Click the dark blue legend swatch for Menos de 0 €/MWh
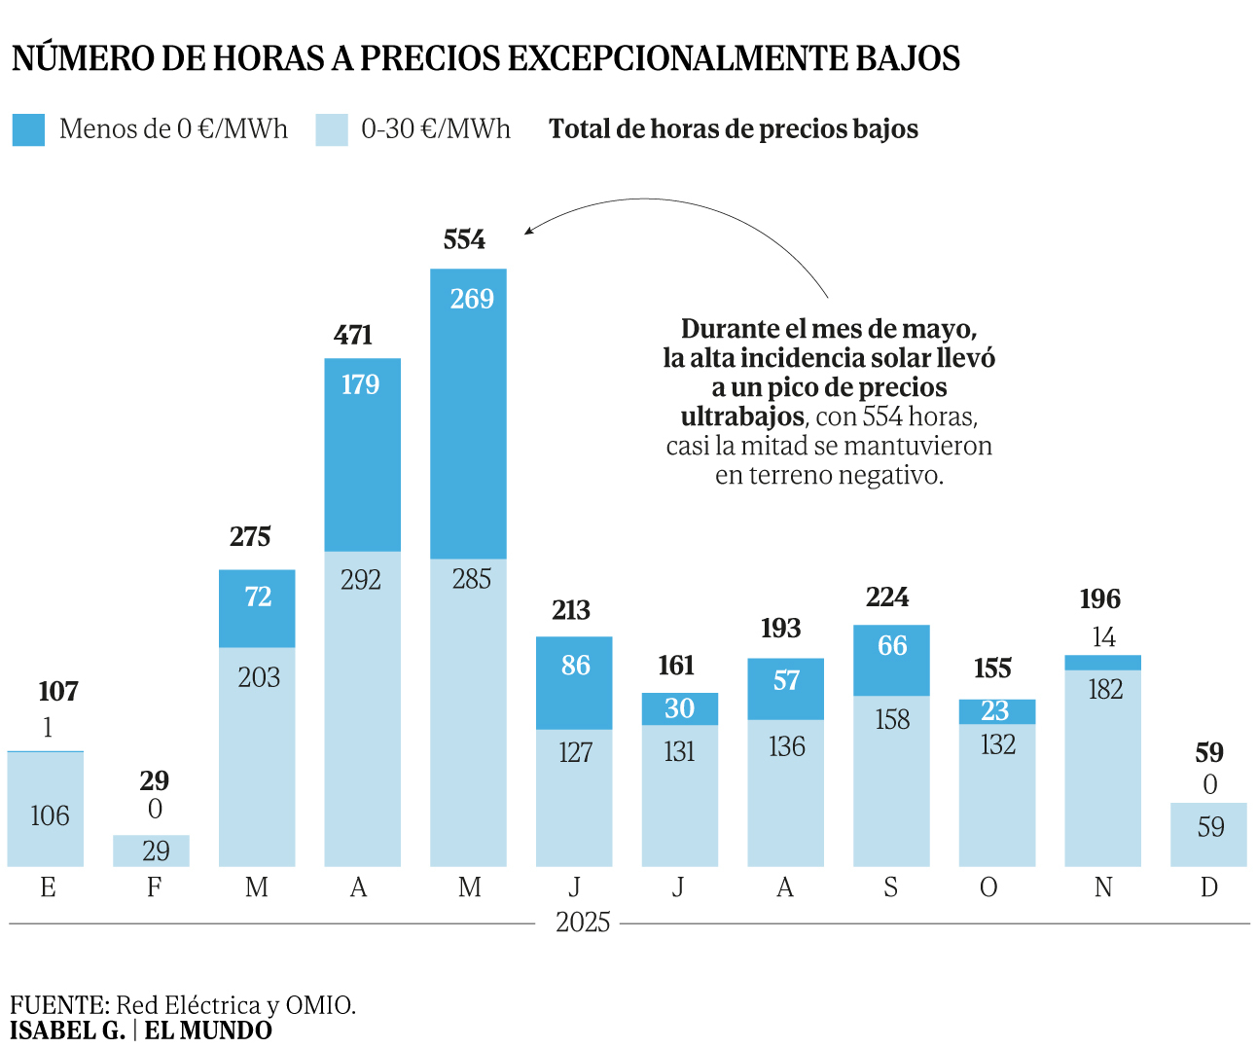28,129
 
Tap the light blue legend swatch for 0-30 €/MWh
332,129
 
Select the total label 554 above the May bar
464,239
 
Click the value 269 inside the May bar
472,299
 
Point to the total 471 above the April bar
353,335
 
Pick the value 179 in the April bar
360,384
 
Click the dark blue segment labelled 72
257,608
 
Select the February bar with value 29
151,850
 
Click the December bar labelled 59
1208,834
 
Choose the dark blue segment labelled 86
574,682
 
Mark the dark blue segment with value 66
891,660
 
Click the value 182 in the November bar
1105,690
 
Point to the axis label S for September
890,887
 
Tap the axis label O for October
988,887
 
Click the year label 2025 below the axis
583,922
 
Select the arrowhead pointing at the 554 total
528,231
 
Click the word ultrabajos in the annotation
742,417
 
